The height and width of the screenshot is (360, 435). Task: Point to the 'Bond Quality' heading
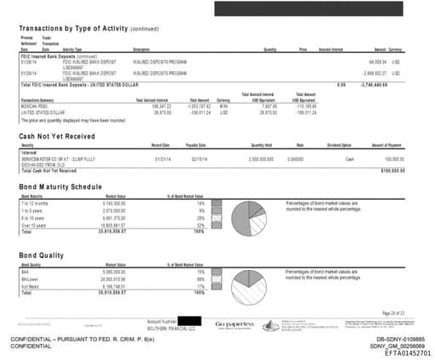[42, 253]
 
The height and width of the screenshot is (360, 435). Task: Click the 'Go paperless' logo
[235, 325]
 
